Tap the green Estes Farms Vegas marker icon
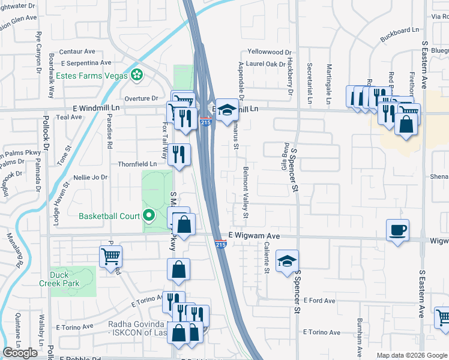pyautogui.click(x=137, y=76)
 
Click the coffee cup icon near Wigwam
pyautogui.click(x=398, y=230)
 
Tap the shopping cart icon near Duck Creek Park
pyautogui.click(x=110, y=257)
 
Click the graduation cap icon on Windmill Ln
pyautogui.click(x=226, y=110)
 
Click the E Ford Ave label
pyautogui.click(x=319, y=300)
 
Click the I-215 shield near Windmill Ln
pyautogui.click(x=205, y=122)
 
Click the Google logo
pyautogui.click(x=20, y=353)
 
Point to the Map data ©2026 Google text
pyautogui.click(x=411, y=355)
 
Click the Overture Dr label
pyautogui.click(x=141, y=98)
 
